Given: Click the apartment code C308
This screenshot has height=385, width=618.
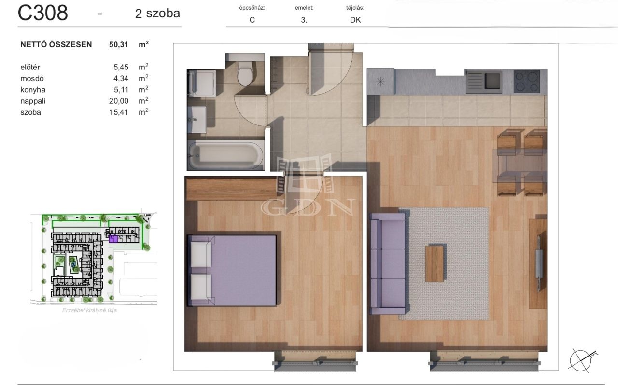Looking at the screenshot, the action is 43,13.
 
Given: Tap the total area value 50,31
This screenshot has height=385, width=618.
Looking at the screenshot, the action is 119,45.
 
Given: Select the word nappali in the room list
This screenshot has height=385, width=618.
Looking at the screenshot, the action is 33,101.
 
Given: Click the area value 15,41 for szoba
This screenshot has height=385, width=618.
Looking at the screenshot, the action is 119,112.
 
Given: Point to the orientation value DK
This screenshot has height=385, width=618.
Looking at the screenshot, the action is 355,20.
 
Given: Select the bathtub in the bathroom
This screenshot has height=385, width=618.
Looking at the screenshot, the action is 225,155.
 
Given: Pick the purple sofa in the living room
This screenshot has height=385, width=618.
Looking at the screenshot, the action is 388,263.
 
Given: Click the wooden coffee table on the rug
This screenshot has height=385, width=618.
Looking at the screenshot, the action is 435,263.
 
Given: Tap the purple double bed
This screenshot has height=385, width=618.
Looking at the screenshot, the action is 232,270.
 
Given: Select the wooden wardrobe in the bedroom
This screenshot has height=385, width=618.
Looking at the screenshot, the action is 232,189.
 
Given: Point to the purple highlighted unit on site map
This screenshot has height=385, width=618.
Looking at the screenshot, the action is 113,239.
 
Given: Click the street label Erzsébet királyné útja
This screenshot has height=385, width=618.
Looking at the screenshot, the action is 89,310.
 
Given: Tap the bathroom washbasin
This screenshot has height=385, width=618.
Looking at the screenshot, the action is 197,120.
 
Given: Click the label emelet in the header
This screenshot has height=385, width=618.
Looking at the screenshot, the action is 304,8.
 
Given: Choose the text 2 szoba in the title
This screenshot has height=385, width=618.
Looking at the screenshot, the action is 157,13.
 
